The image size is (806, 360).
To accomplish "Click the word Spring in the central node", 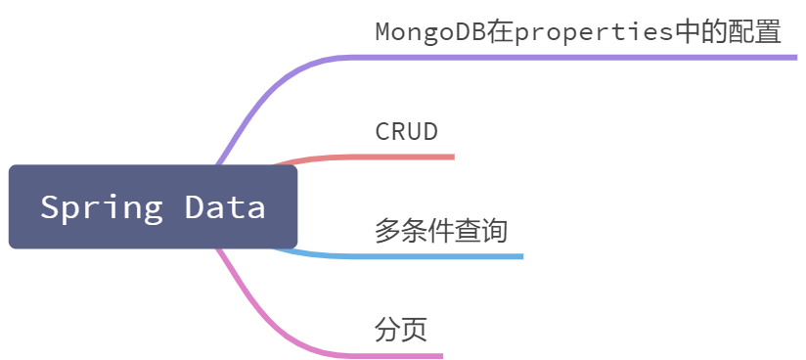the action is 102,207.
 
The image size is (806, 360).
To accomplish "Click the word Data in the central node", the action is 225,206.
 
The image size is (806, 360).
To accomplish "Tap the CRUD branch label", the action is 406,132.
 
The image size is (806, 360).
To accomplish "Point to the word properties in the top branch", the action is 594,33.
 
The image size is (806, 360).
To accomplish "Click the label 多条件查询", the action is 441,231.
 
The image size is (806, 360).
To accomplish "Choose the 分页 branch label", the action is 401,330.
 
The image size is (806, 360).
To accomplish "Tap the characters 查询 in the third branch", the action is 480,231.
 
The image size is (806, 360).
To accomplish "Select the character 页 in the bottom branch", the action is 415,330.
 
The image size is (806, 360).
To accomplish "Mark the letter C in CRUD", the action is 382,132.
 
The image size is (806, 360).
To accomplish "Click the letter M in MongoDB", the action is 383,32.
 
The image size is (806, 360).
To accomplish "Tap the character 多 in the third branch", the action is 387,231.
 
